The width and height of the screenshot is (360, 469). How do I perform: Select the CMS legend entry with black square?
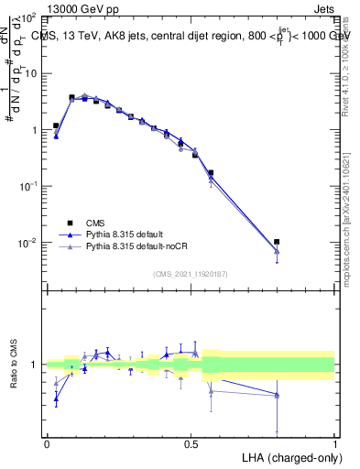95,223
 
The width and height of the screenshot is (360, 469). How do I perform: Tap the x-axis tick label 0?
47,442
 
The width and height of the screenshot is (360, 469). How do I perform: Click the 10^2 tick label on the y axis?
27,18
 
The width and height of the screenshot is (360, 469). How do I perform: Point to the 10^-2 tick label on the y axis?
27,243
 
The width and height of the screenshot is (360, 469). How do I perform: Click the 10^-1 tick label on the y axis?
27,186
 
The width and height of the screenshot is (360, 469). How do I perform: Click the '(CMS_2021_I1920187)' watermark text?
191,274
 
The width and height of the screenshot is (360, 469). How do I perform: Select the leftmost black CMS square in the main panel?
56,125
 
